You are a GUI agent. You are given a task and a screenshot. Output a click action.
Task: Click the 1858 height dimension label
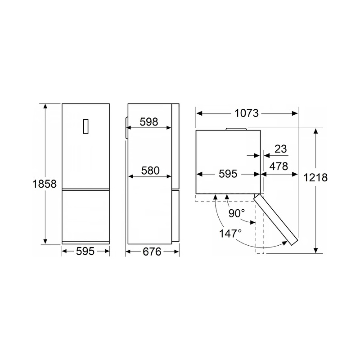point(45,184)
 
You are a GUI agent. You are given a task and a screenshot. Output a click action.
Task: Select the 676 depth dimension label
point(152,252)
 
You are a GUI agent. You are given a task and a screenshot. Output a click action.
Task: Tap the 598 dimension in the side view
point(149,122)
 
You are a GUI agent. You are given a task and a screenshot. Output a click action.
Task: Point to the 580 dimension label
point(150,171)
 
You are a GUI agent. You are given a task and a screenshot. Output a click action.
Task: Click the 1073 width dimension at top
point(247,113)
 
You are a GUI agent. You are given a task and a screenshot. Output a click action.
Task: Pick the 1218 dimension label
point(315,177)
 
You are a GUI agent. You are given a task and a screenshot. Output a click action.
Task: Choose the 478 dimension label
point(279,166)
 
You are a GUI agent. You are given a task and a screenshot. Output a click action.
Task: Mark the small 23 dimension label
point(281,149)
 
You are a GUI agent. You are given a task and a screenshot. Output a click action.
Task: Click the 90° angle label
point(237,213)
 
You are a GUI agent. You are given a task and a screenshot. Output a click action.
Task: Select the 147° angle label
point(230,234)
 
